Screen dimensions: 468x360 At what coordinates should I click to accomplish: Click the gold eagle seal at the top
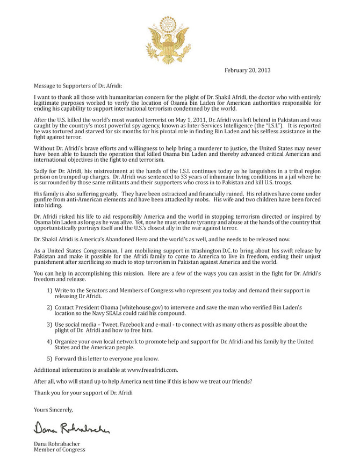coord(168,40)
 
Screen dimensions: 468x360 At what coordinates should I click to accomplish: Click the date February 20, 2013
coord(247,70)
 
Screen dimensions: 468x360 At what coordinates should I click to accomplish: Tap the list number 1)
coord(49,291)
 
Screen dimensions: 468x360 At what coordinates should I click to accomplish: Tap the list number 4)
coord(49,342)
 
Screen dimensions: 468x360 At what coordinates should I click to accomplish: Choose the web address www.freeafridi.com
coord(152,370)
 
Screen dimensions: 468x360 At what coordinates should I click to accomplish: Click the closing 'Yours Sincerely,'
coord(53,409)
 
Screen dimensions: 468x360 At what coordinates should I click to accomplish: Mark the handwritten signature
coord(73,428)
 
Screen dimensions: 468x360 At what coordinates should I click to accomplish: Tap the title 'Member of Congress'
coord(59,450)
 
